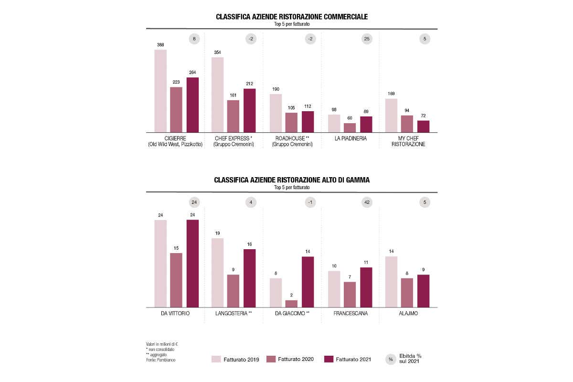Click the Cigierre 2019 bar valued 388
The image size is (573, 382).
coord(160,91)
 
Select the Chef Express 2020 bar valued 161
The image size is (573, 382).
coord(233,116)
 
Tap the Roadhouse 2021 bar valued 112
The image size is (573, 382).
coord(308,122)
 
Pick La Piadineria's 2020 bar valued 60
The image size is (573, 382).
coord(350,127)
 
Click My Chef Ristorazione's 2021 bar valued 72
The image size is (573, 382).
coord(423,126)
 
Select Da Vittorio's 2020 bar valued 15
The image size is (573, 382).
coord(176,280)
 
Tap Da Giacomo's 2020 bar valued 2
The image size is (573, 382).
coord(291,303)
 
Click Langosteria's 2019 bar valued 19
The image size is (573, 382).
coord(217,272)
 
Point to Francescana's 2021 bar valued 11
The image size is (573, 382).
coord(366,287)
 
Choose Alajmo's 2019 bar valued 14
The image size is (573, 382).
coord(391,281)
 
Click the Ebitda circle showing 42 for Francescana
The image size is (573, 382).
coord(367,202)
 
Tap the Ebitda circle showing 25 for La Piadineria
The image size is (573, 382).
coord(367,39)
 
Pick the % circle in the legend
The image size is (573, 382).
coord(391,359)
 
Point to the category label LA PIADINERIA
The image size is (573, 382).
coord(350,138)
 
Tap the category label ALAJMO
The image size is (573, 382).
coord(409,313)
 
